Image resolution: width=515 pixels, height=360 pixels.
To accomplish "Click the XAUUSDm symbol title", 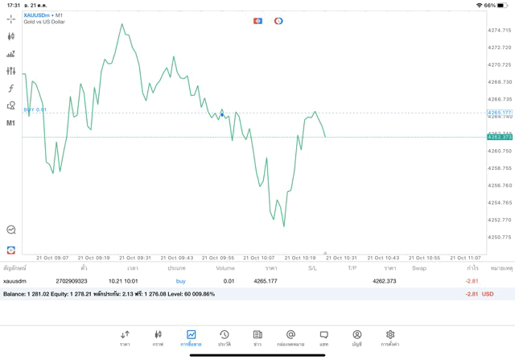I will (39, 14).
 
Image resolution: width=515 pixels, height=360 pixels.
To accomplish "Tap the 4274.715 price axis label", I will (500, 31).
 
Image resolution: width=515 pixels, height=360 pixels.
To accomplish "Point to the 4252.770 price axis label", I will (500, 220).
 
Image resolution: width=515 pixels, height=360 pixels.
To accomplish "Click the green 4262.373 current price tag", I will (500, 137).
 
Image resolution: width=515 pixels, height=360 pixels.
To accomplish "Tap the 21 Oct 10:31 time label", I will (341, 258).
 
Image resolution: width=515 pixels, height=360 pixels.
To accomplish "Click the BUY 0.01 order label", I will (35, 110).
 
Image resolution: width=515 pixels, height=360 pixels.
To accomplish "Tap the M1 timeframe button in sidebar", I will (11, 123).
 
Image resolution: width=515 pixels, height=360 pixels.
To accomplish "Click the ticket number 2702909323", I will (72, 281).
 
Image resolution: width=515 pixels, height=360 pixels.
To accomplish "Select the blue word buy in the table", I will (180, 281).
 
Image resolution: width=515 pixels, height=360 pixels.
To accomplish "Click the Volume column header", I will (225, 267).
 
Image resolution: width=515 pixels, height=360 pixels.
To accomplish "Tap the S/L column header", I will (312, 267).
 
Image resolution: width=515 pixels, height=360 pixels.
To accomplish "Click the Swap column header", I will (418, 267).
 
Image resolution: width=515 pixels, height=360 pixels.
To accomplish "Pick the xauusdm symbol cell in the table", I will (15, 281).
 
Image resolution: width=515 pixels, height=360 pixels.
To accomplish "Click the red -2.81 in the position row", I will (472, 281).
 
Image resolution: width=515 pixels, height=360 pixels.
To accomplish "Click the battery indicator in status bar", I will (504, 5).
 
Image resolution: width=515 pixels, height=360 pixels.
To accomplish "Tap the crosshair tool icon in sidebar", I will (11, 19).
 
